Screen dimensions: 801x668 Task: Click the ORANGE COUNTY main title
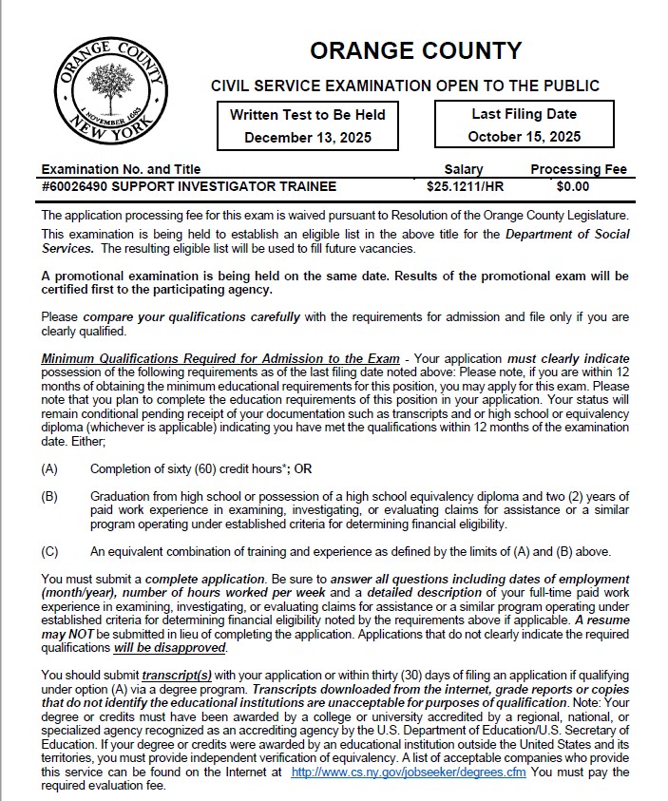click(415, 50)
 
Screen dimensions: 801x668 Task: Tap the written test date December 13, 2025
click(307, 137)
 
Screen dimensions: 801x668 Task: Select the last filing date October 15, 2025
click(524, 136)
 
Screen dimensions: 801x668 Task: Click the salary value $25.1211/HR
click(464, 186)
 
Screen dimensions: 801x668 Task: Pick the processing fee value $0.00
click(573, 186)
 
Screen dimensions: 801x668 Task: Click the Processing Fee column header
click(578, 169)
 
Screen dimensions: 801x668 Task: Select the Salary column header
click(464, 169)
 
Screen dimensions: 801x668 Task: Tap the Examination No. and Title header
click(121, 169)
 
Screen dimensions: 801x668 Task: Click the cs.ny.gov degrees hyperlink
click(409, 772)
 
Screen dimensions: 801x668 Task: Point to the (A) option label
click(50, 468)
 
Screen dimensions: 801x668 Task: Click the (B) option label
click(50, 496)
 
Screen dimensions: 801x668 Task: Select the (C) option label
click(50, 551)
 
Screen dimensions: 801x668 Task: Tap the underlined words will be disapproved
click(169, 648)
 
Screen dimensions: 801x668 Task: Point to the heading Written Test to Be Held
click(307, 114)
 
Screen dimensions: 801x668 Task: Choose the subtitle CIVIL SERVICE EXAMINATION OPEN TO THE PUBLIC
click(405, 86)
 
